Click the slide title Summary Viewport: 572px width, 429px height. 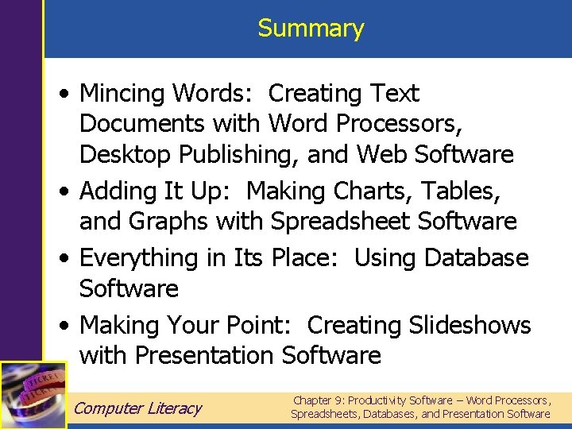pyautogui.click(x=311, y=29)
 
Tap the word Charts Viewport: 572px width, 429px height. pyautogui.click(x=373, y=191)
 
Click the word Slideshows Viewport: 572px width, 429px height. pyautogui.click(x=470, y=325)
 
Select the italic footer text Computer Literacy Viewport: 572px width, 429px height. pyautogui.click(x=137, y=408)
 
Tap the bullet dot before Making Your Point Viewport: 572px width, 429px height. pyautogui.click(x=64, y=326)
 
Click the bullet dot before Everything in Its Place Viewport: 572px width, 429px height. pyautogui.click(x=64, y=258)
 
